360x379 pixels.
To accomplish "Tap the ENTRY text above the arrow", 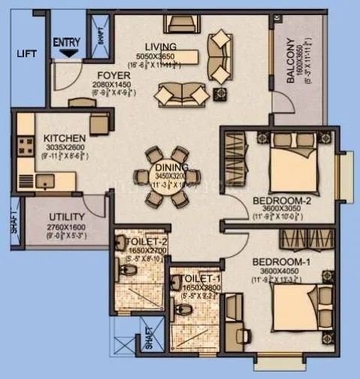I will click(x=67, y=41).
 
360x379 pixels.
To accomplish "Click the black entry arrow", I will click(x=68, y=53).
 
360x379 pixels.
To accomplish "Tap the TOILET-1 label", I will click(x=198, y=278).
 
